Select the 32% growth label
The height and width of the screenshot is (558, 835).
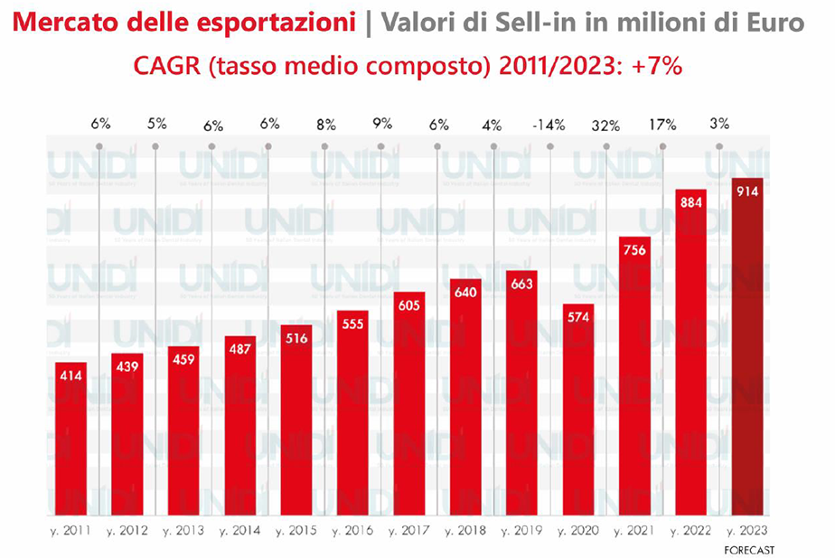[604, 125]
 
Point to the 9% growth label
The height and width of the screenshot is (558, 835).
[381, 125]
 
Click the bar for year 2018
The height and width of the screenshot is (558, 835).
[465, 397]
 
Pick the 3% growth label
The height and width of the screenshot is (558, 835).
[719, 125]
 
